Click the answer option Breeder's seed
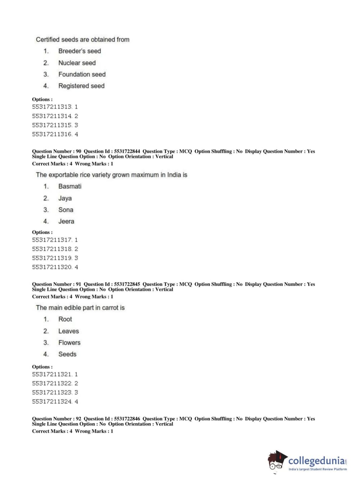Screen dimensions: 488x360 click(x=79, y=51)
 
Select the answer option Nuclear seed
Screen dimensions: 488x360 click(x=77, y=63)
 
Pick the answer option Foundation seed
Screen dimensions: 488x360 click(x=82, y=74)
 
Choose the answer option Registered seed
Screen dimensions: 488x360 click(x=81, y=86)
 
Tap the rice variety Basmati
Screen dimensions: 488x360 click(x=70, y=186)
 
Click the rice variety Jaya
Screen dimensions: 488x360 click(x=65, y=198)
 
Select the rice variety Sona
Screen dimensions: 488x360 click(x=66, y=210)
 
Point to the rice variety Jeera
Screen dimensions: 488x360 click(x=66, y=221)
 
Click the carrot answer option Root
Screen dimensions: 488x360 click(x=65, y=319)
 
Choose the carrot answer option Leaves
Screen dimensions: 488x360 click(x=68, y=331)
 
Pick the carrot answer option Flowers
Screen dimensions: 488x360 click(x=69, y=343)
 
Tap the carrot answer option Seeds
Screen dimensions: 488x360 click(x=67, y=354)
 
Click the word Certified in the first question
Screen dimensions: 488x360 click(x=48, y=40)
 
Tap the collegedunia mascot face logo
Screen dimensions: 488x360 click(x=277, y=461)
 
